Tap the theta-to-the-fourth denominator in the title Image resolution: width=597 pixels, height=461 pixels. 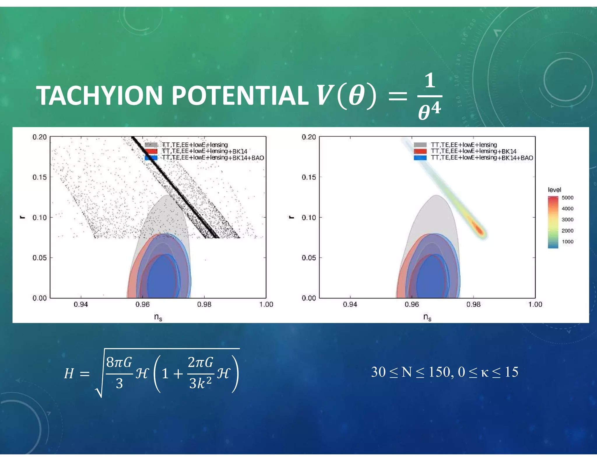pyautogui.click(x=429, y=112)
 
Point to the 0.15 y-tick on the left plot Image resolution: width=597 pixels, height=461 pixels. pyautogui.click(x=39, y=177)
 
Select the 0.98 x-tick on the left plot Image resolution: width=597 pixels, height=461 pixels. pyautogui.click(x=204, y=305)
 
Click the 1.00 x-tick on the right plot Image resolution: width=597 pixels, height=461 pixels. pyautogui.click(x=535, y=305)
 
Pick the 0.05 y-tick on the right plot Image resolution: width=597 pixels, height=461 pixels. pyautogui.click(x=309, y=258)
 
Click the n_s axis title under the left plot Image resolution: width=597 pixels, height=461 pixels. pyautogui.click(x=158, y=317)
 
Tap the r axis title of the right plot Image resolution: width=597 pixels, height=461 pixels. pyautogui.click(x=291, y=217)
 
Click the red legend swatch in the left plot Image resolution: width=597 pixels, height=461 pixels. pyautogui.click(x=151, y=151)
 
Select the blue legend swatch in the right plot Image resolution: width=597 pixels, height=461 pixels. pyautogui.click(x=420, y=158)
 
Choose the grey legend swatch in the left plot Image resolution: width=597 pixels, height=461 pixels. pyautogui.click(x=151, y=145)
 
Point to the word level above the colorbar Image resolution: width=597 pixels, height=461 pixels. pyautogui.click(x=554, y=190)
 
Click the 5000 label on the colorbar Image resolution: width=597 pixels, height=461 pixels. pyautogui.click(x=567, y=198)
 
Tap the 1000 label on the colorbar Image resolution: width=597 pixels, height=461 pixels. pyautogui.click(x=567, y=242)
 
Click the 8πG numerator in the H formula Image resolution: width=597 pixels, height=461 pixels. pyautogui.click(x=119, y=362)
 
